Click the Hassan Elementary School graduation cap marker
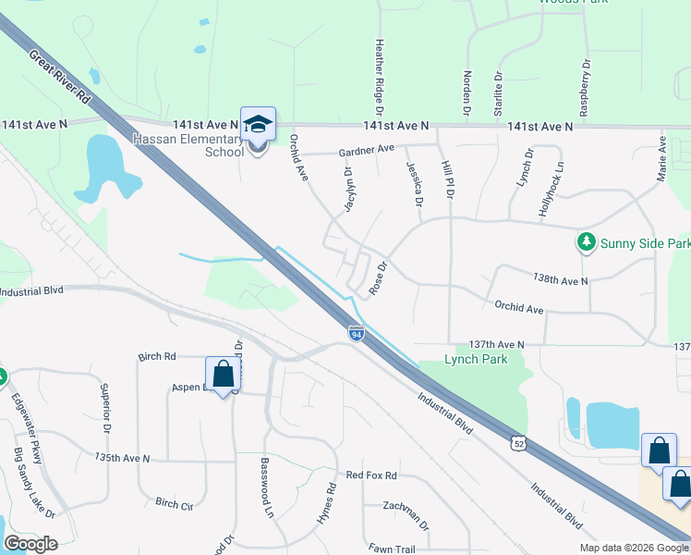point(258,124)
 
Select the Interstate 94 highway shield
point(357,332)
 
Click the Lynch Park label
point(477,359)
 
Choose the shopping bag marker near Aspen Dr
point(223,376)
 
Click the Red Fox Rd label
point(370,475)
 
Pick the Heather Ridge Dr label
point(379,70)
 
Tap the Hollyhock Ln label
point(549,195)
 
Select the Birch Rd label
point(156,357)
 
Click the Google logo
point(30,544)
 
